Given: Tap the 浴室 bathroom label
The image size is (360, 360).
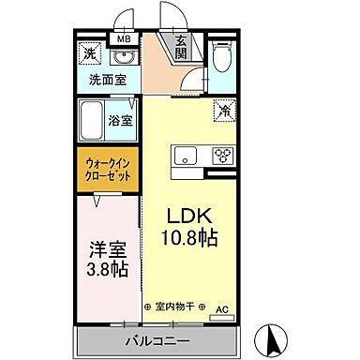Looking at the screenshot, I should [120, 121].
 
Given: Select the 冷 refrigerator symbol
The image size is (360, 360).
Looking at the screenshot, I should [225, 110].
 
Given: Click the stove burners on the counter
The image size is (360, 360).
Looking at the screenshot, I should [223, 156].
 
